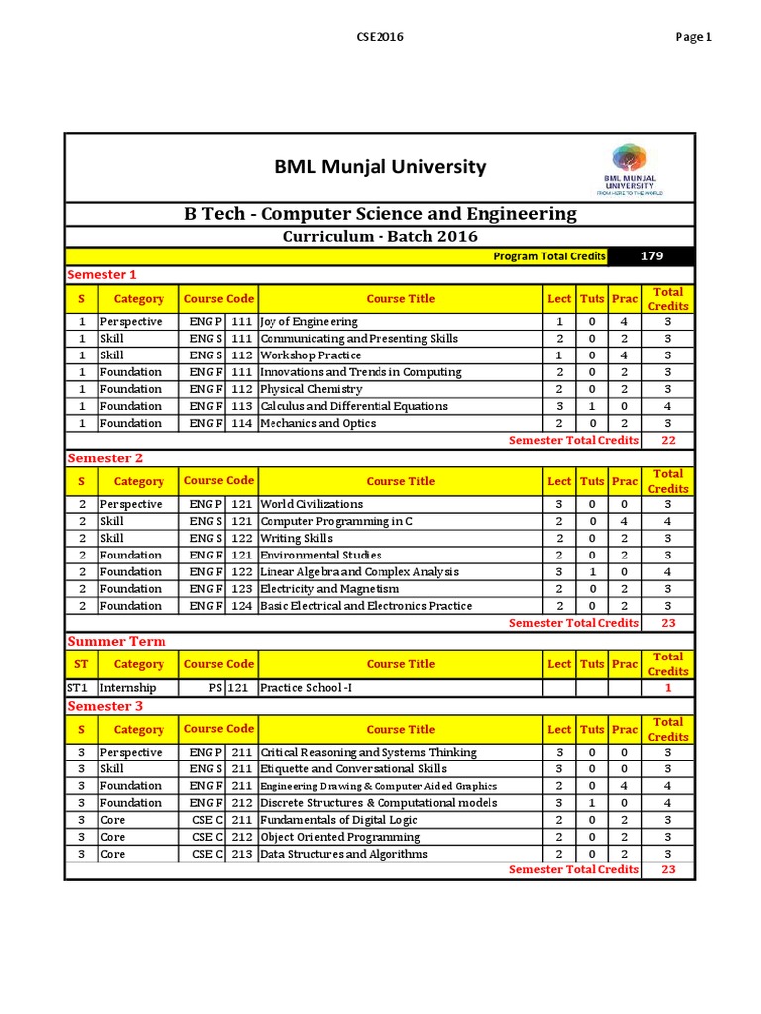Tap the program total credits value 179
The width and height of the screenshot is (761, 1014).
pos(651,256)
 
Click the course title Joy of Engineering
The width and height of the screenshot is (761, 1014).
pos(308,322)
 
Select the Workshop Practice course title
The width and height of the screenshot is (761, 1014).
pos(310,355)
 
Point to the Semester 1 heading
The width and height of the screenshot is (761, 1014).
pos(101,274)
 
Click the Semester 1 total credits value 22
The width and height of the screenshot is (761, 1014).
pos(667,440)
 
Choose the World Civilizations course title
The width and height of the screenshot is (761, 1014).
pos(311,505)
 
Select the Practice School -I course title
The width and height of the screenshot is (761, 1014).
pos(305,688)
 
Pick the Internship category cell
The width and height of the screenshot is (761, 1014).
pos(127,688)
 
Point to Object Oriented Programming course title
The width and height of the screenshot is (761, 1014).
pos(339,838)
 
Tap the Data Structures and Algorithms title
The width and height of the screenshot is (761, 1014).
pos(344,855)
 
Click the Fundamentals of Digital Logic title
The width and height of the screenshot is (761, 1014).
pos(339,821)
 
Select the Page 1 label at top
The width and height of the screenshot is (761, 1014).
pos(694,37)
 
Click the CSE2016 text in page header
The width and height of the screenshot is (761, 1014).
pos(380,37)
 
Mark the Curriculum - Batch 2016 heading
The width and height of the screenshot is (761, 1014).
pos(380,237)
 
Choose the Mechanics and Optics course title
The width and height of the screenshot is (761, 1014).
pos(317,424)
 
